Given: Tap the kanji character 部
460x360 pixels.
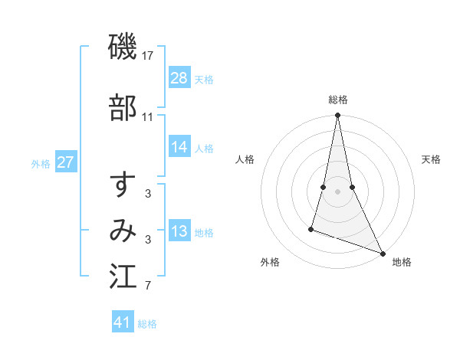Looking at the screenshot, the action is pos(123,109).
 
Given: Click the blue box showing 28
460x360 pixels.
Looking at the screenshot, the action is pos(179,78).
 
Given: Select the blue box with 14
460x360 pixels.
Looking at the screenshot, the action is pos(179,148).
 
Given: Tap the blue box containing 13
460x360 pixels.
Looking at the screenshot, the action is pos(179,232).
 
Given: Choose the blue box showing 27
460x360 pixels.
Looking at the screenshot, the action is pos(66,162).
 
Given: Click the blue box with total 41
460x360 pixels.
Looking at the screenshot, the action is pos(123,323).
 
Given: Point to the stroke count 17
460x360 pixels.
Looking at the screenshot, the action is pos(149,55).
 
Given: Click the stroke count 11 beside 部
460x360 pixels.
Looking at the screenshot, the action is pos(148,117).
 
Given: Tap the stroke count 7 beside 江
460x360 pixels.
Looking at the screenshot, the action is pos(148,286).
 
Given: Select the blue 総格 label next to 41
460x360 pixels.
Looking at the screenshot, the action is pos(147,324).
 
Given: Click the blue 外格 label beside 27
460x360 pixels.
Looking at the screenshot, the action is pos(41,163).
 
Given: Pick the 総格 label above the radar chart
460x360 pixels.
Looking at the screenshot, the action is pos(338,100).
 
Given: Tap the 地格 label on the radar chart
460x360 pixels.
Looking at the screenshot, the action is pos(402,262).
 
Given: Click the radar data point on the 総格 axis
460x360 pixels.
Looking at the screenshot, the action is pos(337,116).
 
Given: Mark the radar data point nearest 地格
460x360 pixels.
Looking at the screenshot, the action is pos(382,252).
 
